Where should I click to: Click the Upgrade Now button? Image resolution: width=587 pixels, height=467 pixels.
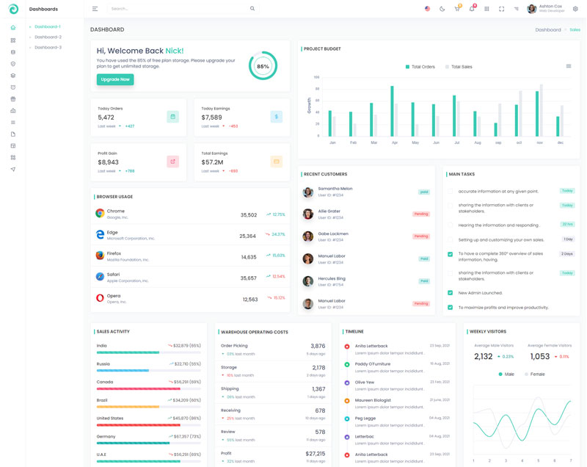point(115,79)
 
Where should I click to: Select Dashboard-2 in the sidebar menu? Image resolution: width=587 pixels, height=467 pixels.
point(48,37)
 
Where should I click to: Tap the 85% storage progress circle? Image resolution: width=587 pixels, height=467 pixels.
point(263,66)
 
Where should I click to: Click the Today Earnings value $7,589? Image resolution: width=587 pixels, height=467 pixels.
point(211,117)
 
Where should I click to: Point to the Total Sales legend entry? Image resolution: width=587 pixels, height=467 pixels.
point(459,67)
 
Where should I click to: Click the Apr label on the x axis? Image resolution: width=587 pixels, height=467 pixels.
point(395,142)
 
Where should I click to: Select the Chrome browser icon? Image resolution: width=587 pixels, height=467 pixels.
point(100,214)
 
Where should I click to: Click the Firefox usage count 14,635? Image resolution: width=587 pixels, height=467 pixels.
point(249,257)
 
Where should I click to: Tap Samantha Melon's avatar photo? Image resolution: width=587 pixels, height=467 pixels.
point(308,192)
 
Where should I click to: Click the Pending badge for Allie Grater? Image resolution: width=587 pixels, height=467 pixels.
point(420,214)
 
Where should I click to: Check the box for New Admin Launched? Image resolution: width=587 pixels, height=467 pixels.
point(450,293)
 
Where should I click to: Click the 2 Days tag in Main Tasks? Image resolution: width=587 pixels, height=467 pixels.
point(567,253)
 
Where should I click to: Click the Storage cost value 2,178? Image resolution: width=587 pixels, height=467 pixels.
point(318,367)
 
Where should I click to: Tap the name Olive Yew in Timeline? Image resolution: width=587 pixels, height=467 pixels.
point(365,382)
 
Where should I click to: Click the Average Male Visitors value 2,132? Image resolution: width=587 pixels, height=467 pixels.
point(484,357)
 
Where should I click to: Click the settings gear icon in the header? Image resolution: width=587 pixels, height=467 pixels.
point(575,9)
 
